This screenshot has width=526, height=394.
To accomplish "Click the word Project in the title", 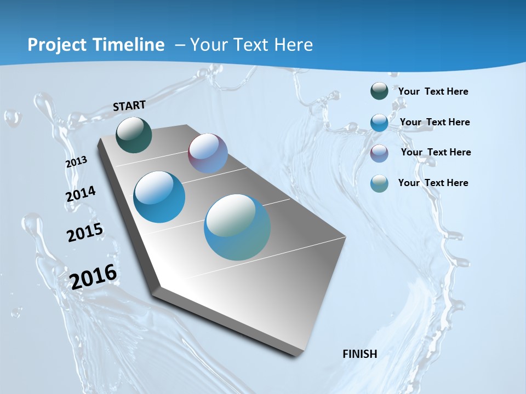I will (x=54, y=45).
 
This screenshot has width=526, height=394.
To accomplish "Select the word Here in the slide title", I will (x=293, y=45).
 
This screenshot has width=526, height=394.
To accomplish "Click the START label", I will (x=129, y=106).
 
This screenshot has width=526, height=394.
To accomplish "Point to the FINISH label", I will (x=360, y=354).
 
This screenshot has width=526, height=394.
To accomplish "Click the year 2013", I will (x=76, y=162).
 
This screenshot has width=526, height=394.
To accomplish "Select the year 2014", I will (x=81, y=194).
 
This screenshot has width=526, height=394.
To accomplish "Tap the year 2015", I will (x=85, y=233).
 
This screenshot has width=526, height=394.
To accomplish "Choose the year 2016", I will (x=93, y=277).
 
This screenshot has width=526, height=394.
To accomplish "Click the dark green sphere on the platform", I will (x=134, y=135).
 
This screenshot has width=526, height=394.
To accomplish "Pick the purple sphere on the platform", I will (x=208, y=153).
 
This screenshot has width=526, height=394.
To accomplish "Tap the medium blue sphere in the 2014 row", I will (x=159, y=197).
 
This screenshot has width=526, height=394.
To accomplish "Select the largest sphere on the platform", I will (x=237, y=227).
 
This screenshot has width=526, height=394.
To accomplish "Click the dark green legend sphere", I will (x=379, y=91).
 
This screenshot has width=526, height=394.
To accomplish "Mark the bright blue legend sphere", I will (x=379, y=122).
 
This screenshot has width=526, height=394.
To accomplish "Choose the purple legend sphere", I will (x=379, y=153).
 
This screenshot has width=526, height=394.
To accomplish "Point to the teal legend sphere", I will (x=379, y=183).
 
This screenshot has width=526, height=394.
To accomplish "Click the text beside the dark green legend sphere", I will (x=433, y=91).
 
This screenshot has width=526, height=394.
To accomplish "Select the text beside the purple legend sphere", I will (x=436, y=152).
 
